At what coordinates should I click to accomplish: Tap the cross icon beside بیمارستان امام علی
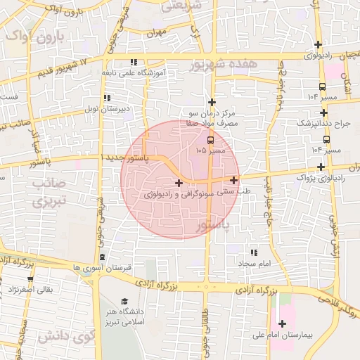tap(283, 324)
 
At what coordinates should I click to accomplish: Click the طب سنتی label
tap(236, 191)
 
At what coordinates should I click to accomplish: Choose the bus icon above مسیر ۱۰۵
tap(202, 139)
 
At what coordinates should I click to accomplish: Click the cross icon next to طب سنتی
tap(233, 180)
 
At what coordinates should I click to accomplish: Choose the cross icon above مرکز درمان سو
tap(211, 102)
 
